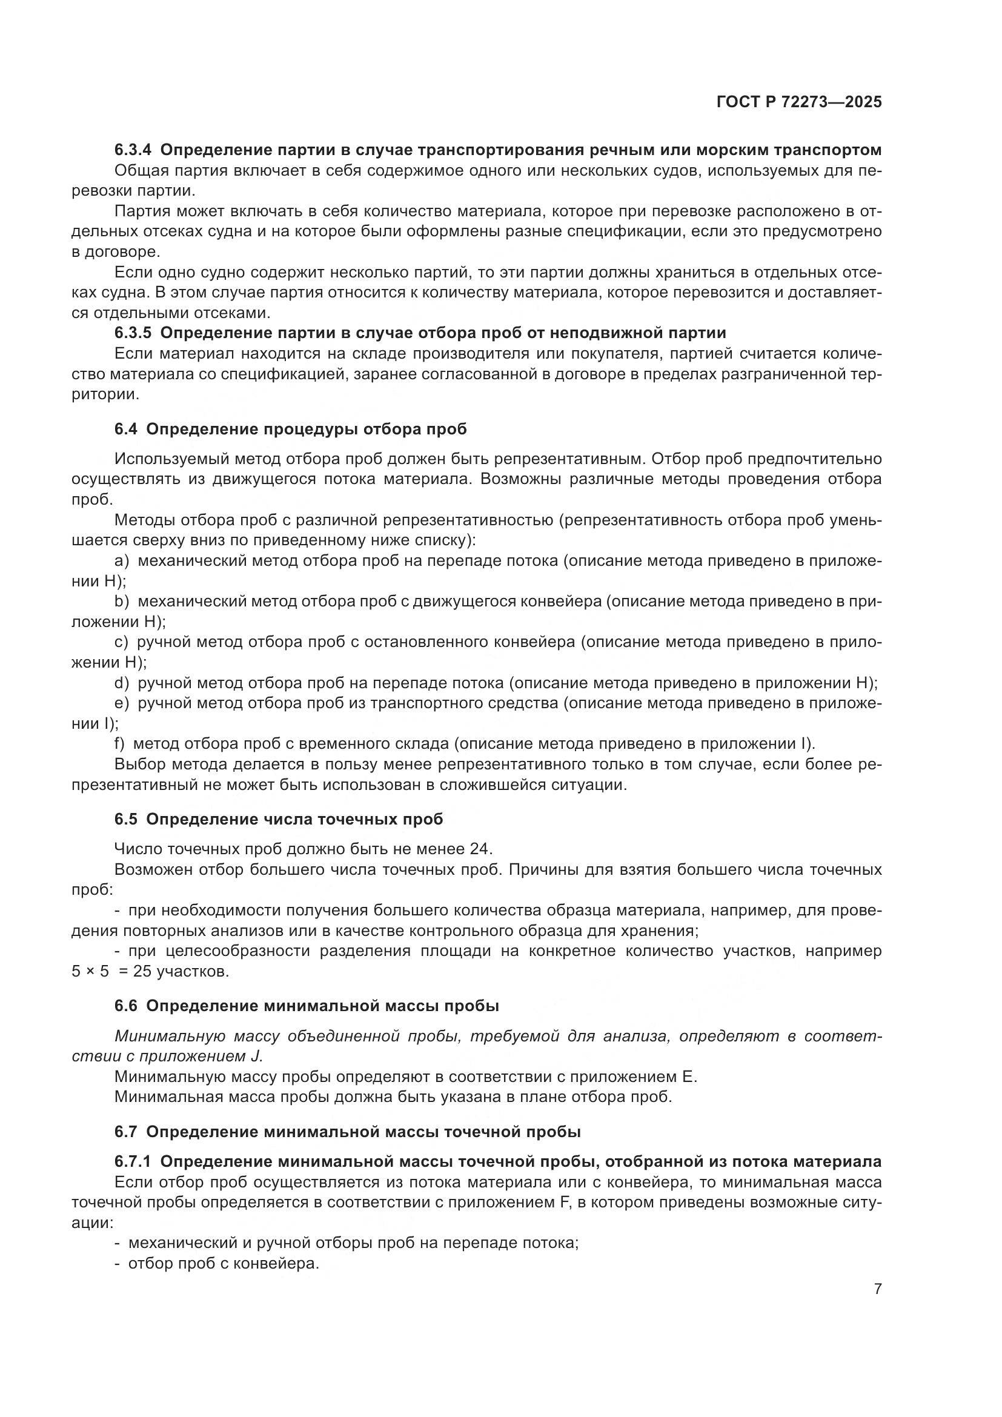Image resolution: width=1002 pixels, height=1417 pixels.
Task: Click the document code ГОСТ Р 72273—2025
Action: coord(799,102)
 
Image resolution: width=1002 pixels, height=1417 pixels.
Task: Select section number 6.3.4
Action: coord(132,150)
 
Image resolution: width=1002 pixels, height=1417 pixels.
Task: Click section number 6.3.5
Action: coord(132,333)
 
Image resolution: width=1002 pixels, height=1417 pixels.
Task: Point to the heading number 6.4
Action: coord(125,429)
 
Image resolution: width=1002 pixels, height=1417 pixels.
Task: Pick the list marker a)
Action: coord(122,560)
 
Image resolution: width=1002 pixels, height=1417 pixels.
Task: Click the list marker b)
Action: coord(122,601)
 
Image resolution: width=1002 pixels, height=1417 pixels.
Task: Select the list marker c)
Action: coord(121,642)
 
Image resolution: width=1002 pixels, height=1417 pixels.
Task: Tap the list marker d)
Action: coord(122,683)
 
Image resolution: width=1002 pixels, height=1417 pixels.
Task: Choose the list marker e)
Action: coord(122,703)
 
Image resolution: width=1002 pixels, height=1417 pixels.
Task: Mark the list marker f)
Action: coord(120,744)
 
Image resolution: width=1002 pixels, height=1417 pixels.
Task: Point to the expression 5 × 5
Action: coord(90,971)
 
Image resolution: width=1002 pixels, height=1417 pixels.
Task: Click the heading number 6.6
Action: coord(125,1006)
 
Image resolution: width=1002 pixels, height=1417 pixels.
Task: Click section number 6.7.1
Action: coord(132,1161)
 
